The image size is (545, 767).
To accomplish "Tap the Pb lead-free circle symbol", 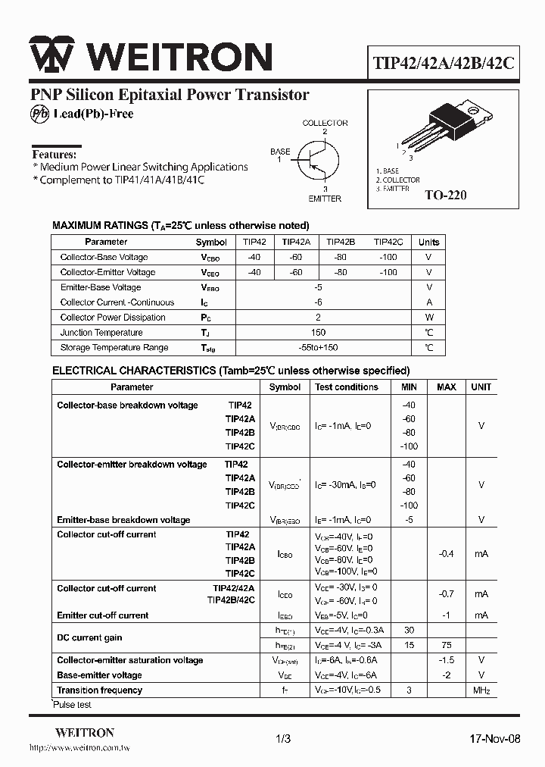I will (x=39, y=114).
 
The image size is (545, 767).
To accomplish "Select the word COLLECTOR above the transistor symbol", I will (x=325, y=123).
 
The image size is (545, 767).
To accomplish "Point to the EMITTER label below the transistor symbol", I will (x=325, y=199).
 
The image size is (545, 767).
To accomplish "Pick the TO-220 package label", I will (x=445, y=195).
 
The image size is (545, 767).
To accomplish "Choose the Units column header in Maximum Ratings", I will (x=428, y=243).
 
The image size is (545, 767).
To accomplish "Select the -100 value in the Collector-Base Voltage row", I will (x=388, y=257).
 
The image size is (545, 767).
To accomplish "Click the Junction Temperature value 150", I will (x=318, y=333).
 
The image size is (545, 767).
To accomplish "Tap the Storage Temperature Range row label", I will (x=114, y=348).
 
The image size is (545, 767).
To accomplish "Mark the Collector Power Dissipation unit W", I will (x=428, y=318).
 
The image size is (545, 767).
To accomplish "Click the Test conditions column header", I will (x=347, y=387).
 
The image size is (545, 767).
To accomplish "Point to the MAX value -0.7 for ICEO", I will (x=447, y=594).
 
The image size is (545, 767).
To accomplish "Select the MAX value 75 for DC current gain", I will (x=447, y=645).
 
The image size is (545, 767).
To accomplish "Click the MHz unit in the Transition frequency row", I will (x=481, y=690).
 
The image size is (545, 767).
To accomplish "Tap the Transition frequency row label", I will (x=99, y=690).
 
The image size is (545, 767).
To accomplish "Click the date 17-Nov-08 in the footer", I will (x=495, y=739).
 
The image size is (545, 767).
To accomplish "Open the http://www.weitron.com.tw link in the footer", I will (x=79, y=749).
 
